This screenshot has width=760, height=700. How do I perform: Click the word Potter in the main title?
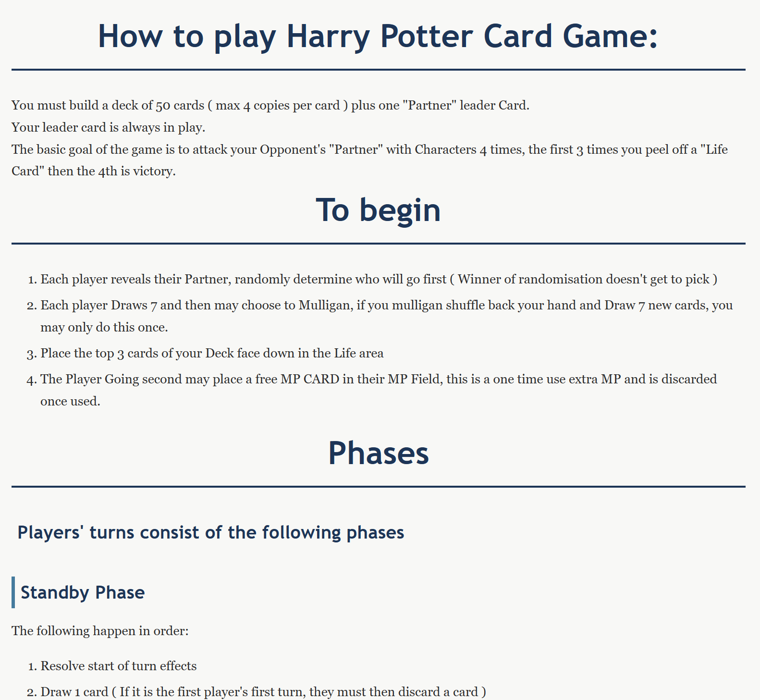(427, 36)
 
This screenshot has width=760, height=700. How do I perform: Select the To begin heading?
(378, 210)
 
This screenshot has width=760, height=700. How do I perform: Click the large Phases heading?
(378, 453)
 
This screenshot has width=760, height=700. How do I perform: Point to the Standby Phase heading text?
(83, 593)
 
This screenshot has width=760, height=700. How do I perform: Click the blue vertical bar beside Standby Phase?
(13, 592)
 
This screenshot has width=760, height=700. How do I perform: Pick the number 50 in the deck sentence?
(163, 105)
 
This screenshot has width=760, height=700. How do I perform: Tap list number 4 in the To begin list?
(32, 380)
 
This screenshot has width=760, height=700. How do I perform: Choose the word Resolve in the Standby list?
(60, 666)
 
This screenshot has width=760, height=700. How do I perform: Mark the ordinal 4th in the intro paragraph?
(108, 172)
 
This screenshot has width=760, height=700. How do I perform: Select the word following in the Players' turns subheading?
(302, 533)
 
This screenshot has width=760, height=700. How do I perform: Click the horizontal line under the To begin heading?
(378, 244)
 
